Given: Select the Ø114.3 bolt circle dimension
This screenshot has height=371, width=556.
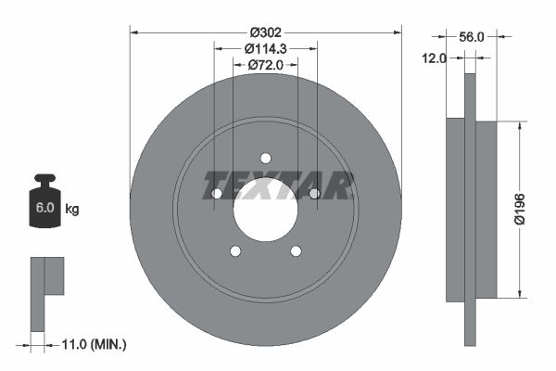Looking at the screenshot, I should pos(266,47).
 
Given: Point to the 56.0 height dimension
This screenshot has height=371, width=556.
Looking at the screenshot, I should pos(473,37).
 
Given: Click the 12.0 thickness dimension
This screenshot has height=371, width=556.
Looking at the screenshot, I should pos(436,58).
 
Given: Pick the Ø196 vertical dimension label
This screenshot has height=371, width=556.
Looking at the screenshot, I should pos(521,211).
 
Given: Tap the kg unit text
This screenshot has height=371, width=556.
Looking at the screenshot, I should pos(72,210).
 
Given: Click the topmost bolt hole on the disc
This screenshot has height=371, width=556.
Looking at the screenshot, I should pos(265,158).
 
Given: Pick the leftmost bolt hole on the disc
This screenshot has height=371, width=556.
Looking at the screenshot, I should pos(217,194).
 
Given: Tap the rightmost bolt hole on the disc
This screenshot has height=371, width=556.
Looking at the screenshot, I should pos(314,193).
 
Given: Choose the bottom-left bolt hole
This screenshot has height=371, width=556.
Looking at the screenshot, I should pos(235,250).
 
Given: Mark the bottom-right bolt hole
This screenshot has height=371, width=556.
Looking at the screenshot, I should pos(296,250).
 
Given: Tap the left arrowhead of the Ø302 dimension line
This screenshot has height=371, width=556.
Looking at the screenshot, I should pos(134,32).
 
